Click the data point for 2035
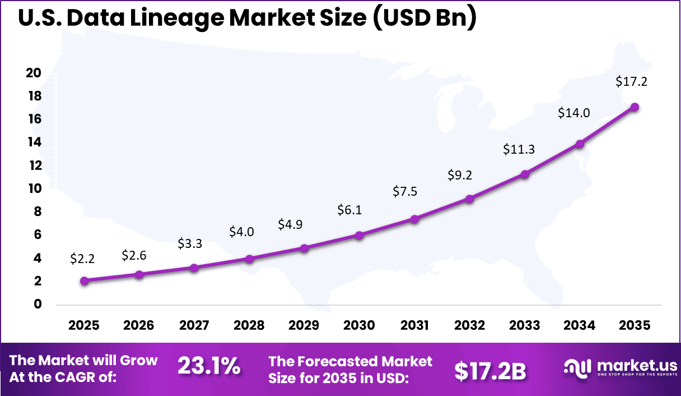(635, 107)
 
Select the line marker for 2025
(84, 281)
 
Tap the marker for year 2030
(359, 236)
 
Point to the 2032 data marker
(469, 199)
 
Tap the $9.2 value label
(460, 175)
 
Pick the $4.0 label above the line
(241, 231)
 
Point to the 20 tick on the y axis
(34, 73)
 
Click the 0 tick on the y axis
(38, 304)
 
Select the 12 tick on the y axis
(34, 165)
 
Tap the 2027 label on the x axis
(194, 326)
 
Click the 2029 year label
(304, 326)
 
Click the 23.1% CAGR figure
(209, 367)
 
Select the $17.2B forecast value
(490, 370)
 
